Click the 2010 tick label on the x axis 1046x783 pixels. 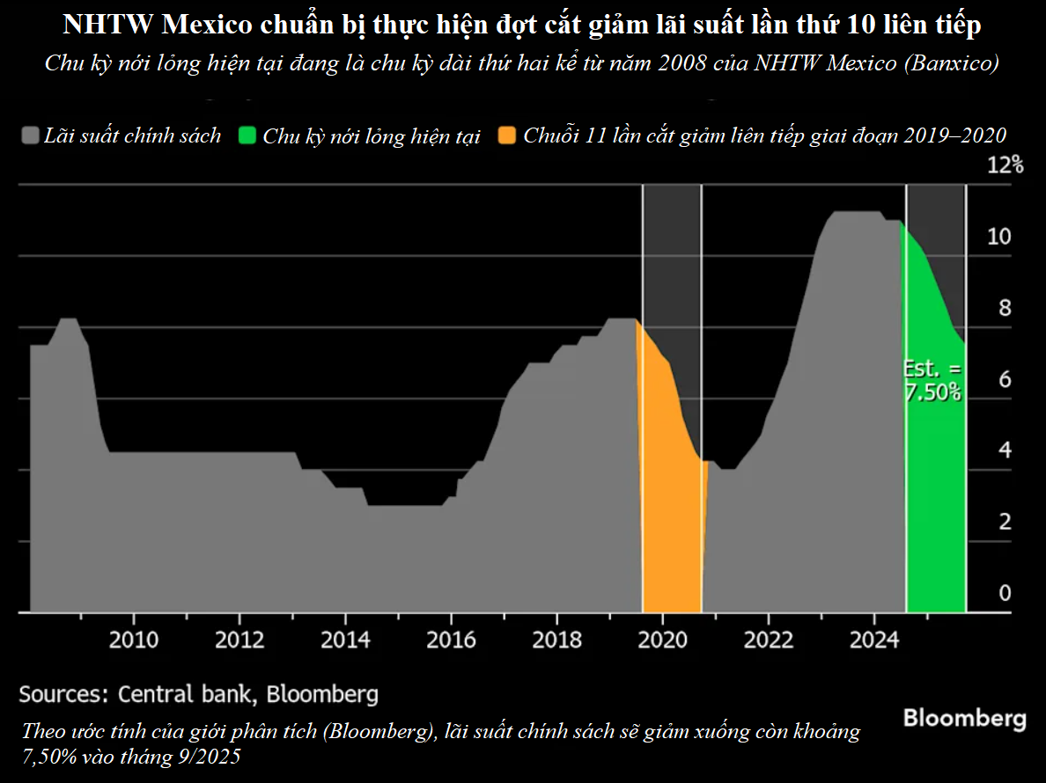[x=134, y=639]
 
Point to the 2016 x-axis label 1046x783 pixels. [x=451, y=639]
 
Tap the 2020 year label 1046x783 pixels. [x=662, y=639]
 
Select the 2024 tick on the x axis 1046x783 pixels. [x=873, y=639]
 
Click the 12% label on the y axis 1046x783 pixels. [x=1005, y=165]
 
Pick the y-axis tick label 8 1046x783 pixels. [x=1005, y=309]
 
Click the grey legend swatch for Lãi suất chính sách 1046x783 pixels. [x=31, y=136]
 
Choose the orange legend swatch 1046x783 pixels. [x=508, y=136]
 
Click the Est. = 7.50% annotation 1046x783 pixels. [x=933, y=381]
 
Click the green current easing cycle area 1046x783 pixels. [x=935, y=510]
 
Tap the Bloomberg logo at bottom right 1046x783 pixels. [x=964, y=719]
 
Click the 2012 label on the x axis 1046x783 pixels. [x=239, y=639]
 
